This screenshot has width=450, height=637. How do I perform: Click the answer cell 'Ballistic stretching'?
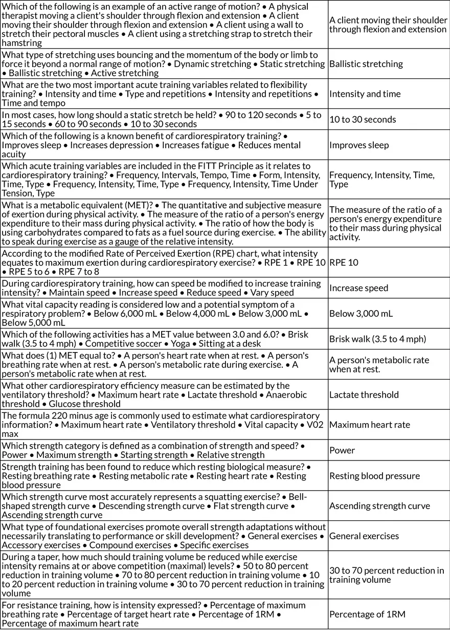click(x=366, y=64)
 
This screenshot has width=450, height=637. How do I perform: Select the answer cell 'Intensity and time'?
click(x=365, y=94)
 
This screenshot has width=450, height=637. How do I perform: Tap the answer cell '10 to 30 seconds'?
click(x=362, y=120)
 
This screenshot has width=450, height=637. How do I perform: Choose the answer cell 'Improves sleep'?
click(x=358, y=145)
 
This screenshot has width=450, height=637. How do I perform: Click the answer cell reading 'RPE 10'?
click(x=344, y=262)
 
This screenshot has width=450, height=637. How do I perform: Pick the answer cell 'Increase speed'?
click(x=358, y=288)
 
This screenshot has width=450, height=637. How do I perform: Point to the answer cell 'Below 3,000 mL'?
click(x=361, y=314)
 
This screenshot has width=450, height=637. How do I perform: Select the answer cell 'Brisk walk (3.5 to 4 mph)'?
click(x=377, y=339)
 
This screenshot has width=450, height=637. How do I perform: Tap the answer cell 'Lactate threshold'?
click(x=364, y=395)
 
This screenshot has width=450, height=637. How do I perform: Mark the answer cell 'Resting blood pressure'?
click(x=374, y=476)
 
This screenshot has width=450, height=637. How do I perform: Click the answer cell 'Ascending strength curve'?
click(x=379, y=506)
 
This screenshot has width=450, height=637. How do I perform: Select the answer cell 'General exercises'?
click(x=364, y=536)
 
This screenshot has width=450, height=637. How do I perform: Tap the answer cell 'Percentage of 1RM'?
click(x=367, y=614)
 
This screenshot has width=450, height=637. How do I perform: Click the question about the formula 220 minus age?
click(x=164, y=425)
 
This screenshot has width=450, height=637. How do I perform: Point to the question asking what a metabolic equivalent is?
click(x=164, y=223)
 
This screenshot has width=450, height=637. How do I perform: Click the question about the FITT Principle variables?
click(x=164, y=180)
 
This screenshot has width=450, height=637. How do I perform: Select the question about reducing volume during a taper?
click(x=164, y=575)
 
